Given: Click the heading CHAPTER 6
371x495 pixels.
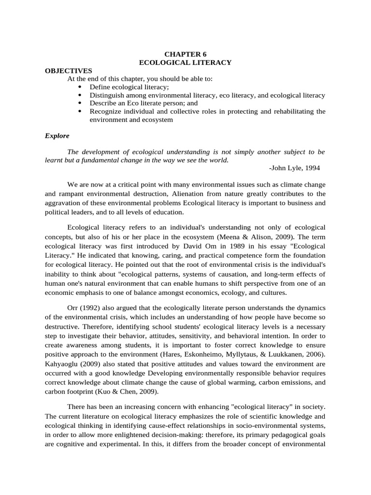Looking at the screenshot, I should pyautogui.click(x=185, y=54).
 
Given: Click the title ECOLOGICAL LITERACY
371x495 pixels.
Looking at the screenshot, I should pyautogui.click(x=185, y=62).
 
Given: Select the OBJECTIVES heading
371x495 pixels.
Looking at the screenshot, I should pyautogui.click(x=68, y=71).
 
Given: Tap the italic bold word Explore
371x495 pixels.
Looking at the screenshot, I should pyautogui.click(x=57, y=135).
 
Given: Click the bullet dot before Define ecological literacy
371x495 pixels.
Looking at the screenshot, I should pyautogui.click(x=79, y=87).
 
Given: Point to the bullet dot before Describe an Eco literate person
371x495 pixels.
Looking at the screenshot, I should pyautogui.click(x=79, y=103).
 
